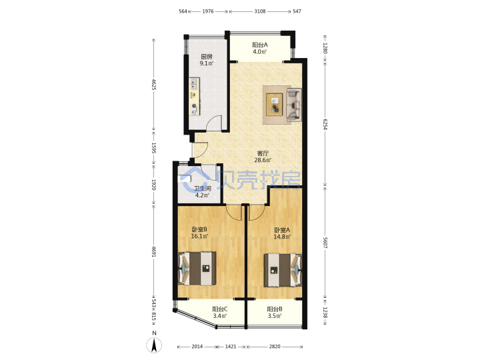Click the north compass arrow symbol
155,345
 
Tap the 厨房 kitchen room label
206,57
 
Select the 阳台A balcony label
260,45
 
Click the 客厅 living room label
263,153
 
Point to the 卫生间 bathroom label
203,189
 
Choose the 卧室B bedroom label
199,229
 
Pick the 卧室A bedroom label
282,230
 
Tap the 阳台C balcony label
220,309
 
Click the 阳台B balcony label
275,309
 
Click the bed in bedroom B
197,269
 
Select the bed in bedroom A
283,270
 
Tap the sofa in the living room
294,105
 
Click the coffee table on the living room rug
275,105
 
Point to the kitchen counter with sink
194,97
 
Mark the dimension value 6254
325,125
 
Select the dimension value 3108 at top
259,11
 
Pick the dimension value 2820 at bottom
275,347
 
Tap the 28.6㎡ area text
263,160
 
